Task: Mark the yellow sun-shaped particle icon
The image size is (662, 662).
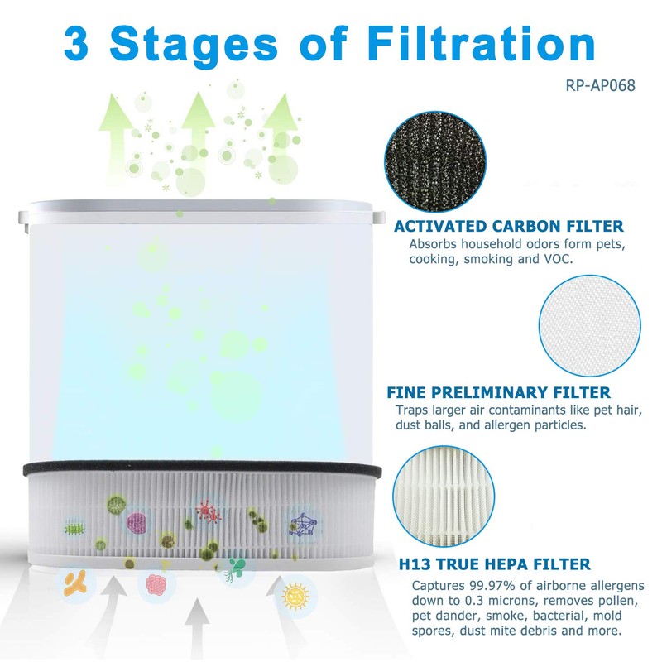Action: (x=295, y=596)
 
